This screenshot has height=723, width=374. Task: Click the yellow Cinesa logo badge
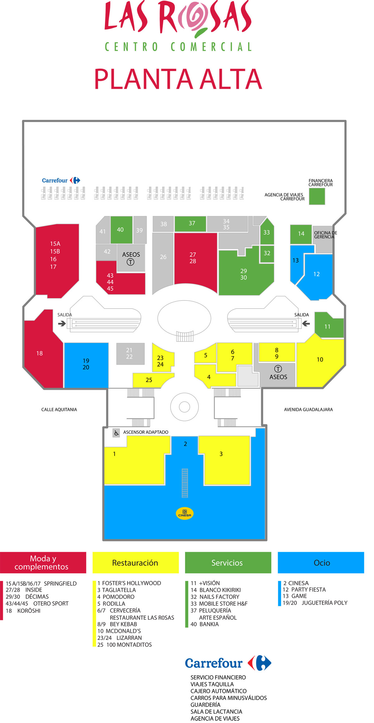point(185,513)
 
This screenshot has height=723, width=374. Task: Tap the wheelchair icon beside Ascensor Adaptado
point(116,433)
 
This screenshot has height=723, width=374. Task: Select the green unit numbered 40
point(121,230)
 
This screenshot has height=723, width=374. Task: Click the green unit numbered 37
point(190,224)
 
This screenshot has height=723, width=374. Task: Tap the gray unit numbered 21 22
point(130,354)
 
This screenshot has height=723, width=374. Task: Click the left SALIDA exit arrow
point(62,324)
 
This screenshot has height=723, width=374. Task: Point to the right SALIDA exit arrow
point(306,324)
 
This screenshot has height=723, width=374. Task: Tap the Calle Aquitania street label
point(59,409)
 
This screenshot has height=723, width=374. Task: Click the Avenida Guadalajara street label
point(308,409)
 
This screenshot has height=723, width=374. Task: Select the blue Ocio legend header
point(321,563)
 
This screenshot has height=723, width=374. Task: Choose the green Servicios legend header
point(228,563)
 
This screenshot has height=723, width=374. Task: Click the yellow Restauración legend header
point(136,563)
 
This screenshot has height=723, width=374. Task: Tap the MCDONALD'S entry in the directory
point(119,631)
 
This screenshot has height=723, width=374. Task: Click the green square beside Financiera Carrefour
point(317,196)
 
